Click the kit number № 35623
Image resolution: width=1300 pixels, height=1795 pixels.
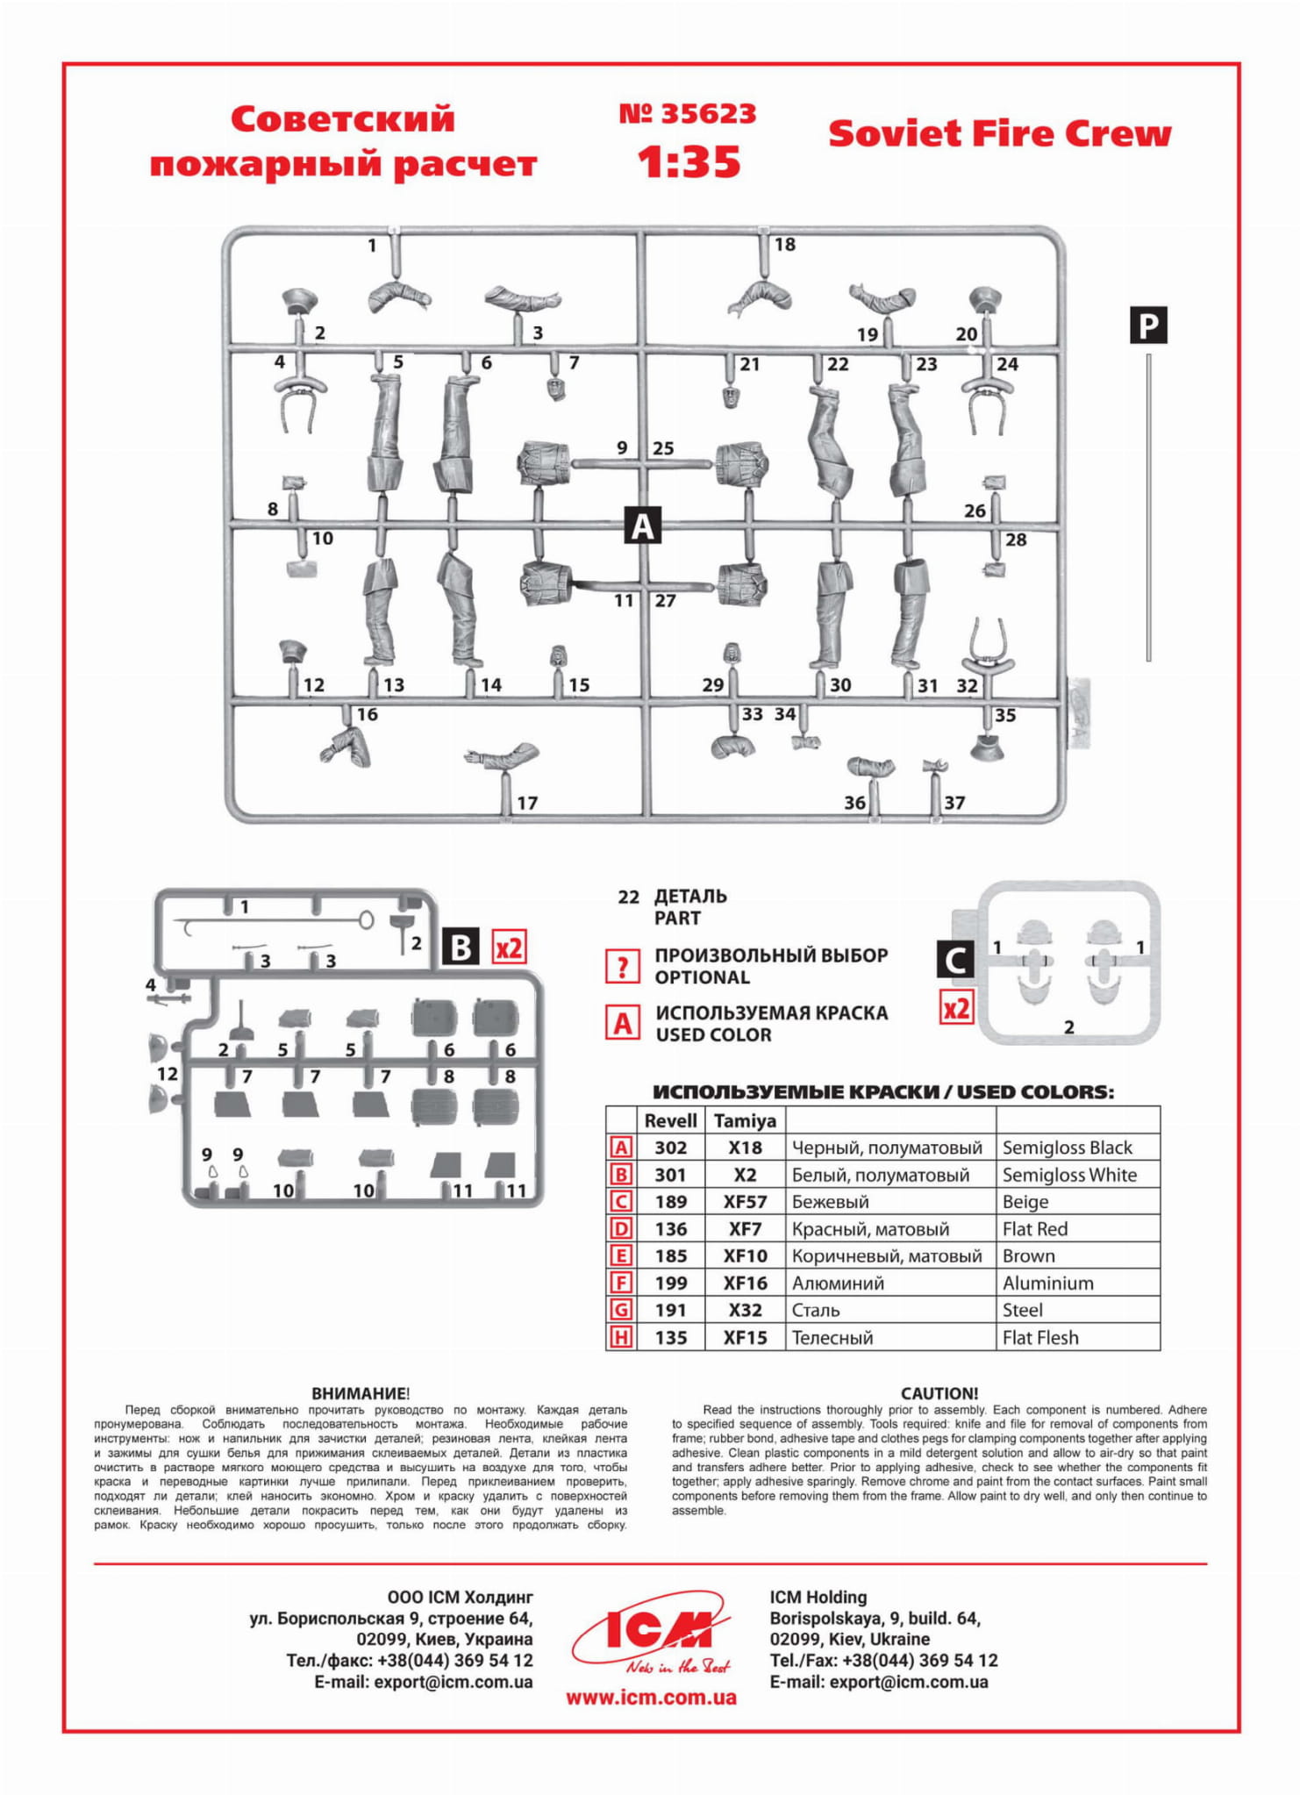click(x=687, y=114)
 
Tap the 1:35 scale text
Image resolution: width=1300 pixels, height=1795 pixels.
click(x=689, y=162)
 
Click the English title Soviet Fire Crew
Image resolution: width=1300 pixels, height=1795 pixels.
click(x=999, y=134)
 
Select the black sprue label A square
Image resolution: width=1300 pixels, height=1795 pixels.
click(x=642, y=526)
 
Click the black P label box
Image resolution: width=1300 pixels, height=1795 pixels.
click(x=1147, y=325)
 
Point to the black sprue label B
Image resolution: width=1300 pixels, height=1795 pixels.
click(x=461, y=948)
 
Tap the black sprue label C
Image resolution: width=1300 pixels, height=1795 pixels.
click(x=955, y=959)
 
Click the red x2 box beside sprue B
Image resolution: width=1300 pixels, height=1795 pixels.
click(x=509, y=948)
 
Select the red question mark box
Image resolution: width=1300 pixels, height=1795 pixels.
click(x=622, y=967)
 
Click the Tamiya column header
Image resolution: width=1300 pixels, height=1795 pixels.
click(x=745, y=1120)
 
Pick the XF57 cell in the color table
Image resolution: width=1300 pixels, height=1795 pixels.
click(x=745, y=1202)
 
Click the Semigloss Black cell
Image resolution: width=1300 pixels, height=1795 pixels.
click(x=1067, y=1148)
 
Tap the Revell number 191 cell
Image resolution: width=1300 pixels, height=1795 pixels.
click(x=671, y=1310)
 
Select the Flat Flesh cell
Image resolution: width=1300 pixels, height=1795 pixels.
click(x=1040, y=1338)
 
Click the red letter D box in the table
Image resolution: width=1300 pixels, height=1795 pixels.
click(x=621, y=1229)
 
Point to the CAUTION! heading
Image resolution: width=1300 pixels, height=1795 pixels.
click(x=939, y=1393)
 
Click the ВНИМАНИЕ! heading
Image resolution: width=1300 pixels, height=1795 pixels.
click(x=361, y=1393)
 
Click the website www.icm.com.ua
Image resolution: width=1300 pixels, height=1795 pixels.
click(x=651, y=1698)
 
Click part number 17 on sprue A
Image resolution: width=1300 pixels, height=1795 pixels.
click(x=527, y=803)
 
